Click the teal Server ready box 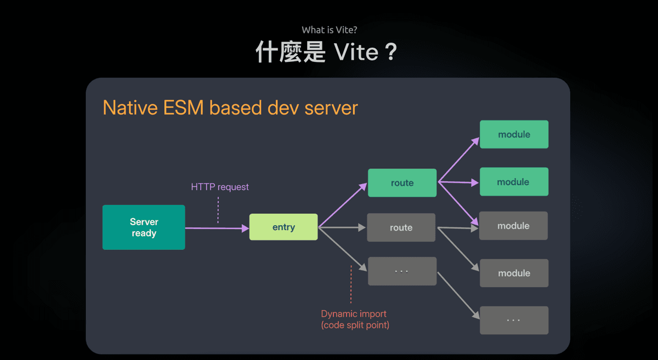(x=144, y=227)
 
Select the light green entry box (x=283, y=227)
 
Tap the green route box (x=402, y=182)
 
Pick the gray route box (x=401, y=227)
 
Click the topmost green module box (x=514, y=134)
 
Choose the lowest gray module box (x=514, y=273)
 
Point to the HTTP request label (x=219, y=187)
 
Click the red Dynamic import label (x=354, y=314)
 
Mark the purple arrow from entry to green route (x=342, y=205)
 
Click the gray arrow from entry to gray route (x=342, y=227)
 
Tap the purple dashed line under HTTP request (x=218, y=210)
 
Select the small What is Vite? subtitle (x=329, y=30)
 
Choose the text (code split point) (x=355, y=325)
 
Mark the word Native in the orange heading (x=129, y=107)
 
